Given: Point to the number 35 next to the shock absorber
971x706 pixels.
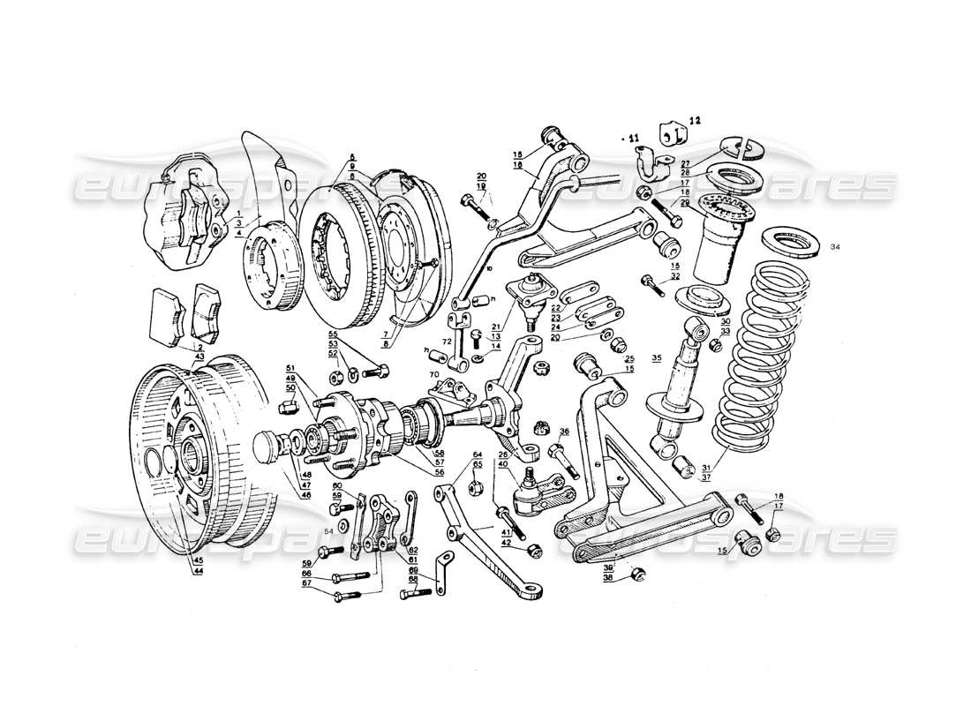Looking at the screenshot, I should click(656, 359).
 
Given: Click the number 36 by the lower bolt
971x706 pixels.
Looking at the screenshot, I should click(564, 432).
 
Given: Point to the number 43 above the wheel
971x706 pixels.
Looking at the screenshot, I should click(199, 356).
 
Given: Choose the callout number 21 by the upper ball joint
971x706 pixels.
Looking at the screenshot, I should click(496, 327).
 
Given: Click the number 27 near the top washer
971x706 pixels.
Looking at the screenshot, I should click(686, 163).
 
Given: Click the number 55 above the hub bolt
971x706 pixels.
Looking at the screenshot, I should click(333, 335).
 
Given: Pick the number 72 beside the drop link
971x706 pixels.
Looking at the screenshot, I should click(447, 341).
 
